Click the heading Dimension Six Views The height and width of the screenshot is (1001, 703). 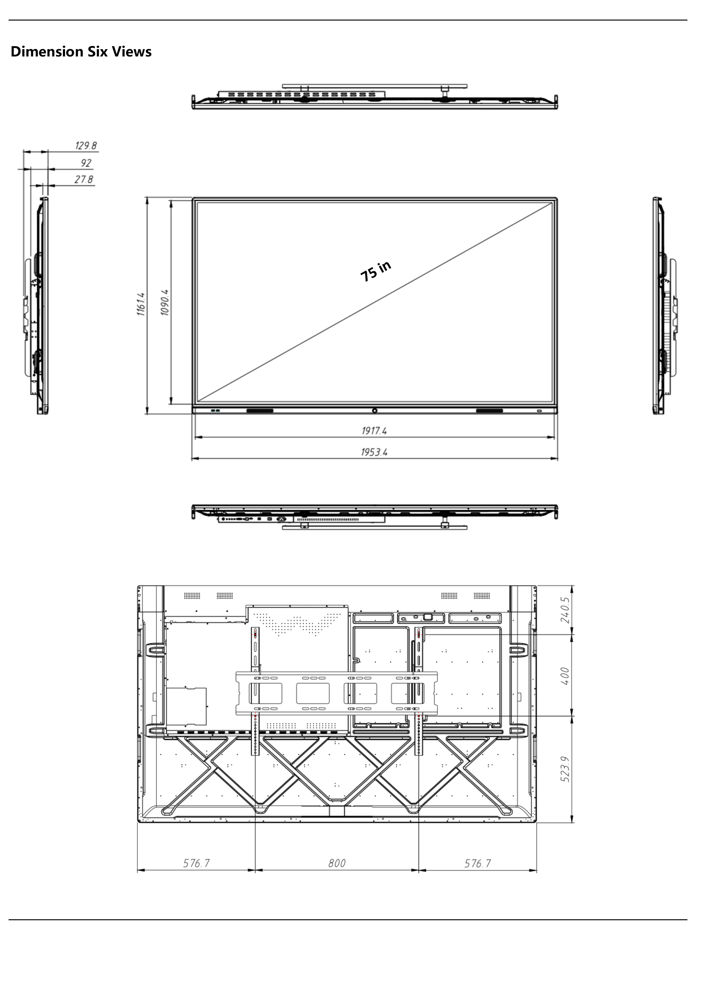tap(81, 52)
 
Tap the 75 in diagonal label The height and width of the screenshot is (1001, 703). tap(376, 271)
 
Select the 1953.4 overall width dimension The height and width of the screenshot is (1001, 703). tap(374, 452)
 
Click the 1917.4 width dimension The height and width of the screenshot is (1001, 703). tap(374, 431)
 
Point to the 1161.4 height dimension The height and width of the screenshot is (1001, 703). tap(140, 304)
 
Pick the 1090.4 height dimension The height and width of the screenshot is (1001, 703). tap(165, 302)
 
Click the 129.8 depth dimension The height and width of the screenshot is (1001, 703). tap(86, 146)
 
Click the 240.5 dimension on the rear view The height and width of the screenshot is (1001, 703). tap(565, 610)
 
